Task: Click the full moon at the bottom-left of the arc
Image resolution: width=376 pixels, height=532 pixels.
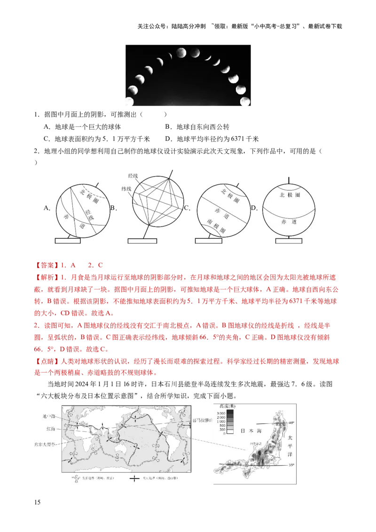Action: (129, 102)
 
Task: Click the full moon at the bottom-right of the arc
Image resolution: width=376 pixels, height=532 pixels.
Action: (245, 101)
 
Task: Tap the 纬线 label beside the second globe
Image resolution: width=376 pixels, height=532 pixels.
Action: (127, 188)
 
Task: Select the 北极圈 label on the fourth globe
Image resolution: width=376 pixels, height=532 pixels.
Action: (290, 195)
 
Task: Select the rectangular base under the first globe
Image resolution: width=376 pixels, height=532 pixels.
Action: (68, 241)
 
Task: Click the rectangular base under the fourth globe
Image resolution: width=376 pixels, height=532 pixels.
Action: (288, 241)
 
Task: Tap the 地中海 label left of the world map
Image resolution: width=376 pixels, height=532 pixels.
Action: (49, 416)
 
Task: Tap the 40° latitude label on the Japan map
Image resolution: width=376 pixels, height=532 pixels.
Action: (291, 423)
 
